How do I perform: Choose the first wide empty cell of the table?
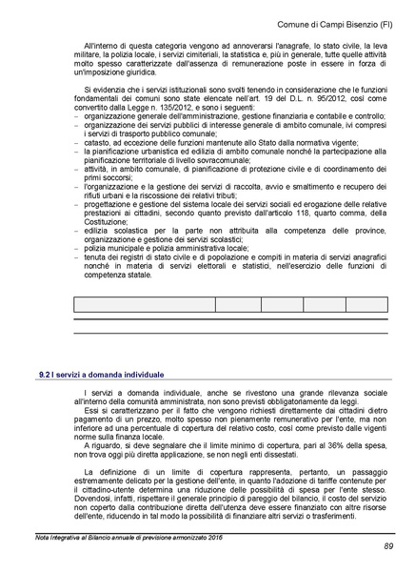coord(143,304)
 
